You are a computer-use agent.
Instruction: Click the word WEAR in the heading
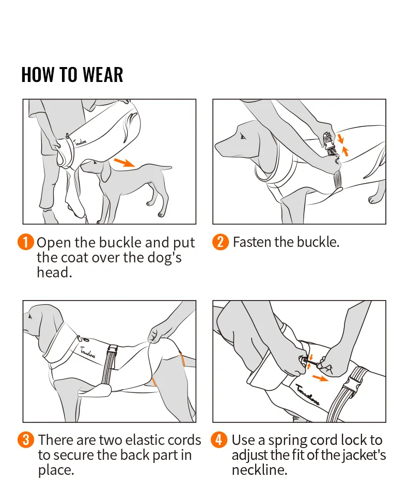[x=103, y=75]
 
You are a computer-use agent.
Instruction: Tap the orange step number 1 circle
[x=26, y=242]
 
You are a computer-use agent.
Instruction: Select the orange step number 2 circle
[x=221, y=242]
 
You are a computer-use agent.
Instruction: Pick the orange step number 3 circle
[x=26, y=440]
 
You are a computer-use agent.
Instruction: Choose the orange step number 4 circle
[x=219, y=440]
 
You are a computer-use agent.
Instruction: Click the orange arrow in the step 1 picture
[x=124, y=162]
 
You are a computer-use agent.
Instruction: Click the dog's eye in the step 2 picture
[x=243, y=136]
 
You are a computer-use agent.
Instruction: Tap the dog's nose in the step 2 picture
[x=216, y=146]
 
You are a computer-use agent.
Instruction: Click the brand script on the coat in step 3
[x=88, y=353]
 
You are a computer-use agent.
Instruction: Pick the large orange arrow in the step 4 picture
[x=320, y=378]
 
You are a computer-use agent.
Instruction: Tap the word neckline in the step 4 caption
[x=259, y=470]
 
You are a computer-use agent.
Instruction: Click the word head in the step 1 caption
[x=54, y=272]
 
